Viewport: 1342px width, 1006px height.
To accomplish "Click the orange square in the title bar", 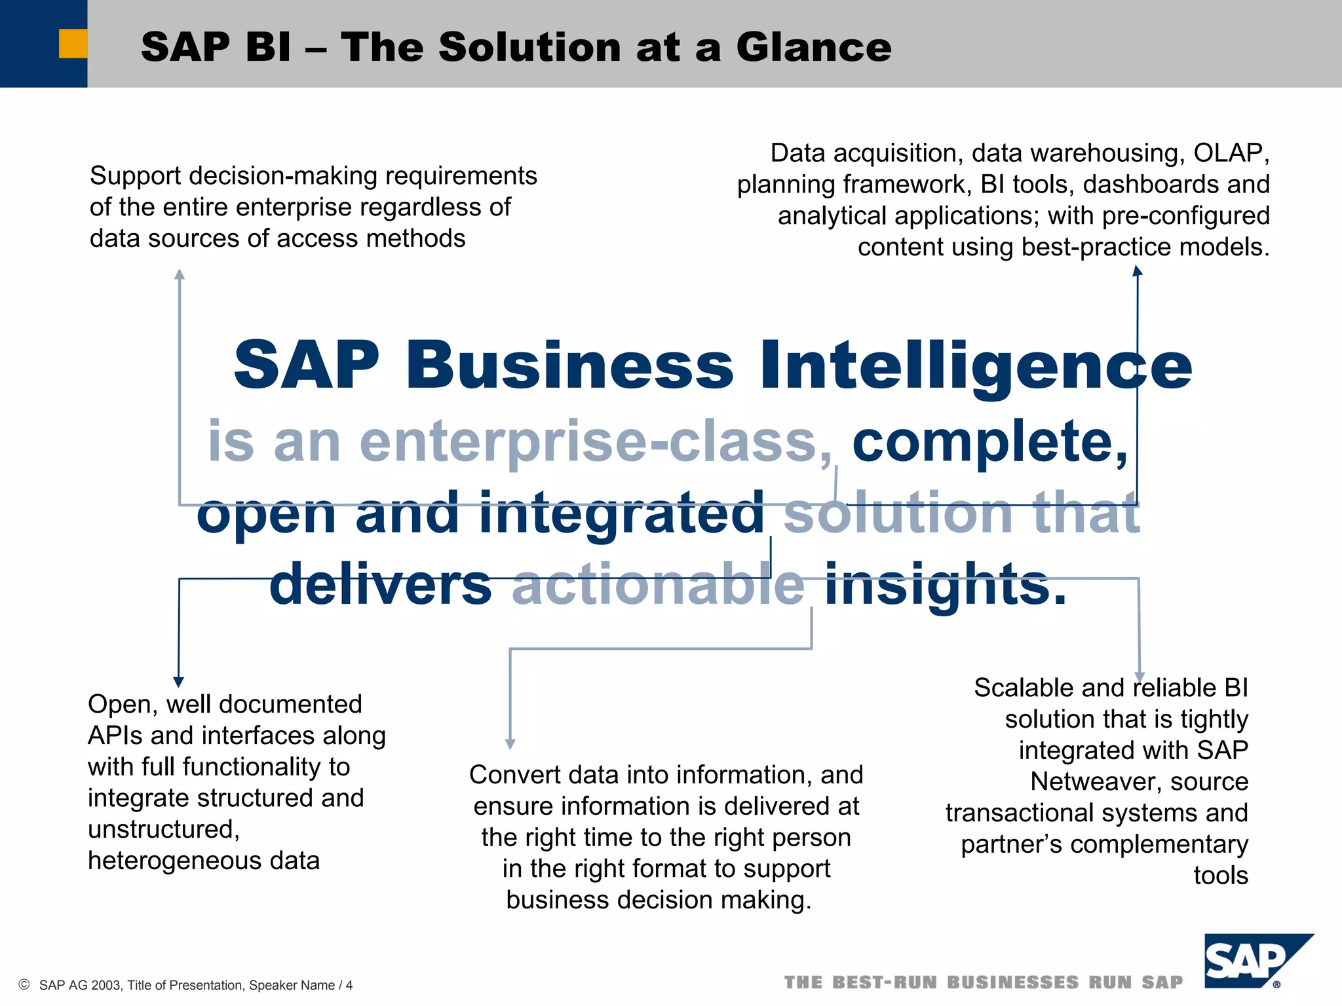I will click(x=73, y=43).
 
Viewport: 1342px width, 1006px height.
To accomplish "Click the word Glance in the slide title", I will click(x=813, y=47).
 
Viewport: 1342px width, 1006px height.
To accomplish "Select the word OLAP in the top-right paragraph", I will click(x=1231, y=153).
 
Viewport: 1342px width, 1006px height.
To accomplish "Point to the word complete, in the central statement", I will click(x=989, y=442).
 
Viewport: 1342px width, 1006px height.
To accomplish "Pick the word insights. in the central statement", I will click(x=945, y=584).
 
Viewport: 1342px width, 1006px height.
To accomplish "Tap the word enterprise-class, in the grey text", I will click(x=596, y=442).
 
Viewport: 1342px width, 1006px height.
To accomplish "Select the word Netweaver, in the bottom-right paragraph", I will click(x=1139, y=781).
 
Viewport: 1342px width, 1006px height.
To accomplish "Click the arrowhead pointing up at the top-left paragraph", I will click(x=180, y=274).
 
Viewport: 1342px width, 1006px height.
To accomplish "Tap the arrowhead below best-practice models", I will click(x=1138, y=270).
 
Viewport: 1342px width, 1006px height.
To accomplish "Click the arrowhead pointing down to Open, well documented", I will click(x=179, y=682).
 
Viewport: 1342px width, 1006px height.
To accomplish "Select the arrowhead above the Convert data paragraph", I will click(x=510, y=744).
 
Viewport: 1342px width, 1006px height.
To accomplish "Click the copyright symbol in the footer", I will click(x=24, y=984).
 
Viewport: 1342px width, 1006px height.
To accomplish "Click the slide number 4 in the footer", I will click(x=349, y=985).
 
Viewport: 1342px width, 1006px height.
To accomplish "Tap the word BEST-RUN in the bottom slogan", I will click(x=885, y=982).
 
